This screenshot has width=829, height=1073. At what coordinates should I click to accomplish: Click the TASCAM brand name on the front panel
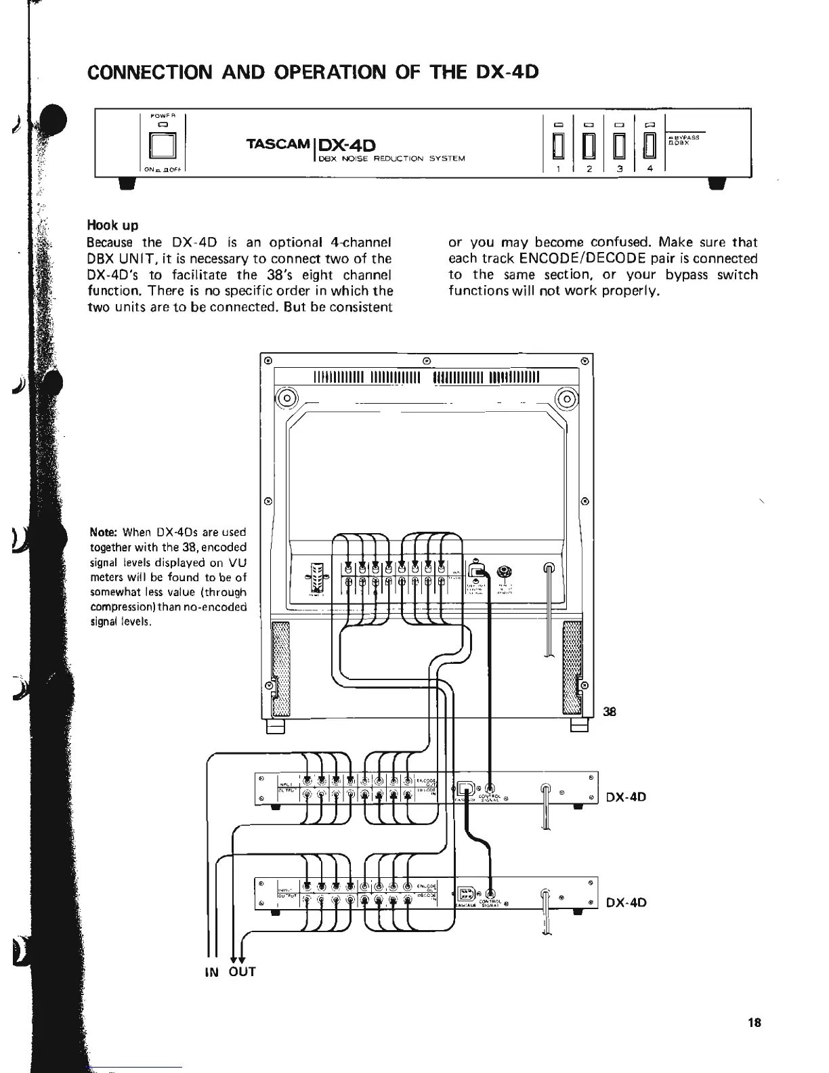[278, 145]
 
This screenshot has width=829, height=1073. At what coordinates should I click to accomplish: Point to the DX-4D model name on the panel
[346, 145]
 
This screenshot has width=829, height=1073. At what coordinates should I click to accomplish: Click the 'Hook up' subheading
[111, 225]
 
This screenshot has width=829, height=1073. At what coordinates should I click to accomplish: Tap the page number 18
[754, 1023]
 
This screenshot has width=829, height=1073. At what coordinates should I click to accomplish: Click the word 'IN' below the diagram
[211, 972]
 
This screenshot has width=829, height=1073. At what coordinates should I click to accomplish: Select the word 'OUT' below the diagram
[242, 972]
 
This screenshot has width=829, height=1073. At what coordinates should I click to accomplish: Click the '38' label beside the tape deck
[610, 711]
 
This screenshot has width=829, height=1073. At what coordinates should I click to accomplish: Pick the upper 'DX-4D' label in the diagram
[626, 797]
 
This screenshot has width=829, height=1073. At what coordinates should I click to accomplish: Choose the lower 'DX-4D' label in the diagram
[626, 902]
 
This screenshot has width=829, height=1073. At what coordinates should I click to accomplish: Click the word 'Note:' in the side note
[104, 532]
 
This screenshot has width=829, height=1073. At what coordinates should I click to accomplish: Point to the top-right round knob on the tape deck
[567, 398]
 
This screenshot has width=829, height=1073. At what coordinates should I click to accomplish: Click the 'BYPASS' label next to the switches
[688, 137]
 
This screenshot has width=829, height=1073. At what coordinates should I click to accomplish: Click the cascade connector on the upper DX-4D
[466, 788]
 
